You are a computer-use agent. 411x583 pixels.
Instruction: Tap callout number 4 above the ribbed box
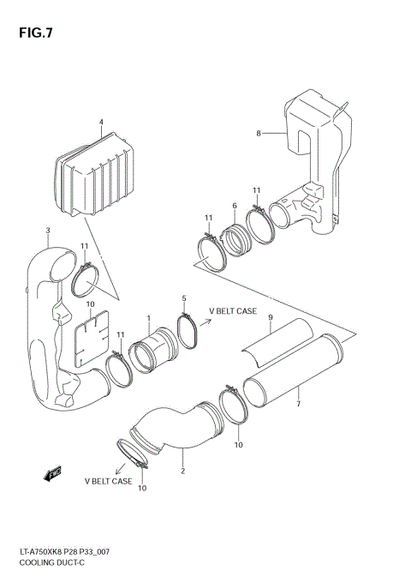[101, 123]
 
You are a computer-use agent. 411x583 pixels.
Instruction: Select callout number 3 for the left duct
[47, 230]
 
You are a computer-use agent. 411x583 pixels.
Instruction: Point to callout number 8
[257, 133]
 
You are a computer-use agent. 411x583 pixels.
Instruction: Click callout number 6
[234, 206]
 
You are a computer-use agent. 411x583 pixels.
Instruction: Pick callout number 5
[183, 298]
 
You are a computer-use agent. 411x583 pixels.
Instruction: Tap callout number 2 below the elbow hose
[182, 471]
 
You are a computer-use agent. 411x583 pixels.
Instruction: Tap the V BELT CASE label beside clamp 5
[234, 311]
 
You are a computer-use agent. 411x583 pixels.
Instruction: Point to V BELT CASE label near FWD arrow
[108, 482]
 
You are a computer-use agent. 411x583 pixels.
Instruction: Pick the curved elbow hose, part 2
[176, 429]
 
